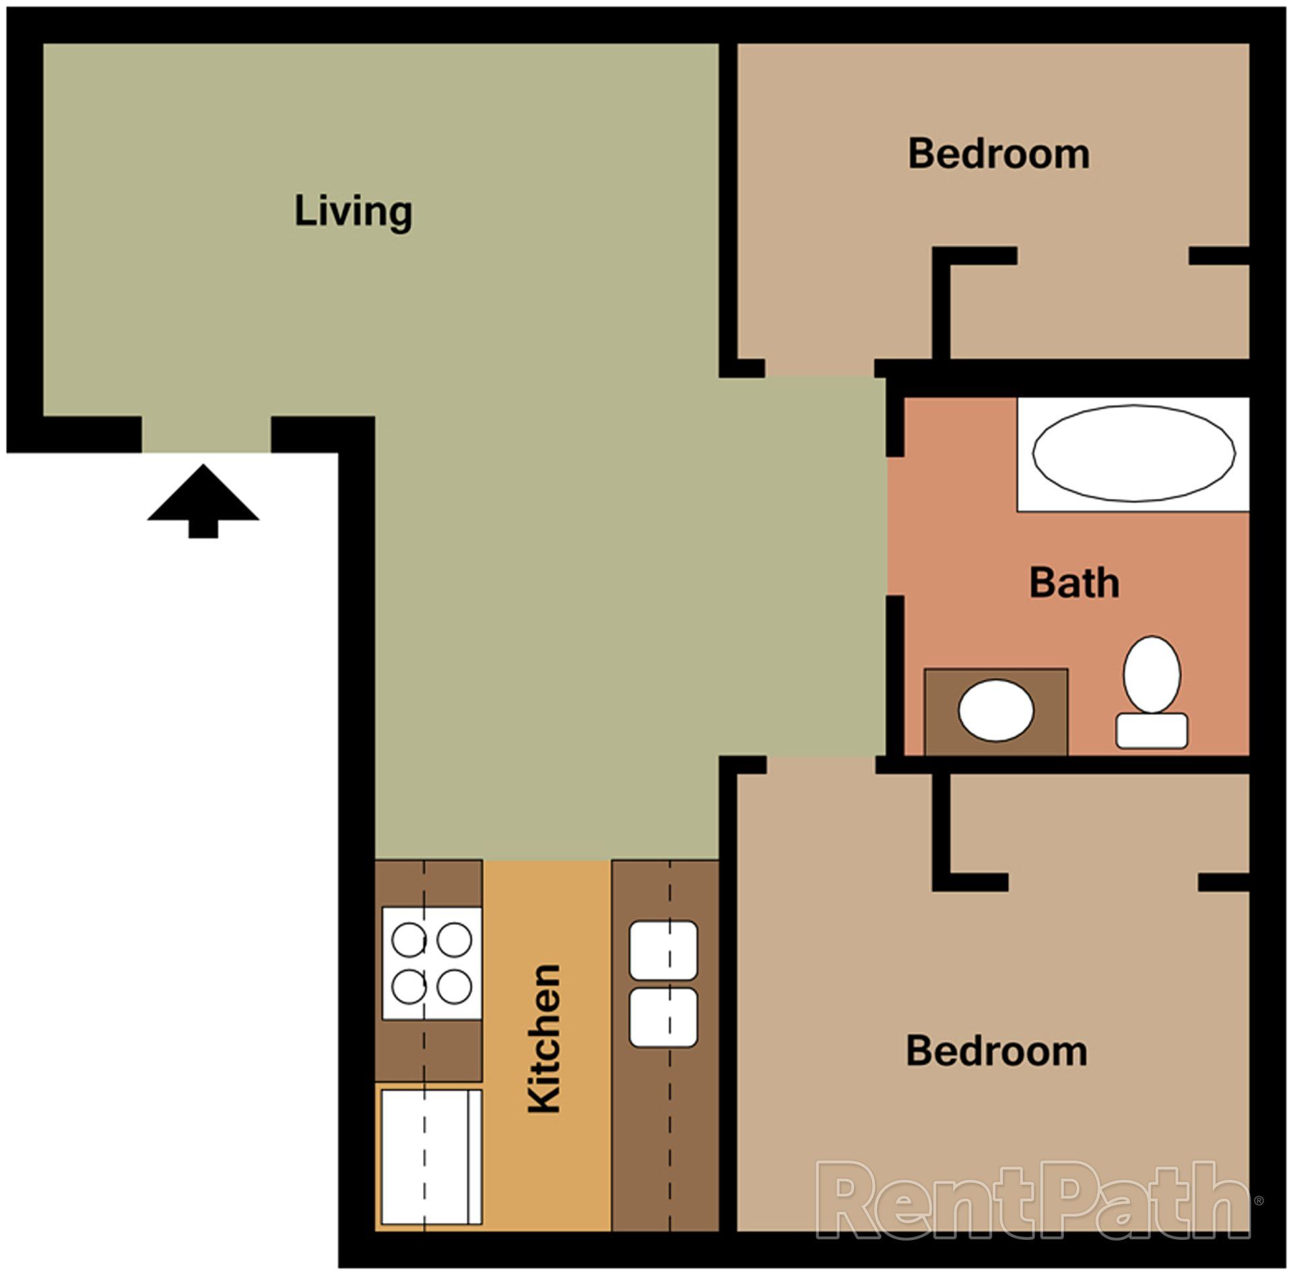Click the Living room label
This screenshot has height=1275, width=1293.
353,211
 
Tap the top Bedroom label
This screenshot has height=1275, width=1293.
999,154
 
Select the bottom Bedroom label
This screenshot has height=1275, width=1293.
996,1051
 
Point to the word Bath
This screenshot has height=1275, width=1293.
1074,583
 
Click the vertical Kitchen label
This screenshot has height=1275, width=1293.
544,1039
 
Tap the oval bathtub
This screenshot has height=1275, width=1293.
1133,453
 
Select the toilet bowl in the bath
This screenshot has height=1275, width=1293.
1152,674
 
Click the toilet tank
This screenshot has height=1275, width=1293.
1152,730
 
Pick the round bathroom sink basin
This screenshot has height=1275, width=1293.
995,711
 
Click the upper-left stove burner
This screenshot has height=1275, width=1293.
409,940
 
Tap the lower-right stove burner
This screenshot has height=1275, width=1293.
454,987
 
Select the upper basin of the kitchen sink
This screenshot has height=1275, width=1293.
663,950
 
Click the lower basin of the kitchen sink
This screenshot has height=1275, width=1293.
663,1017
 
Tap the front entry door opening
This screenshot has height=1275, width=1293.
206,434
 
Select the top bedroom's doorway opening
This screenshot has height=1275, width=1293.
819,368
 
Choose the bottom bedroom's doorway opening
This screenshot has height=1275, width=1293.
821,764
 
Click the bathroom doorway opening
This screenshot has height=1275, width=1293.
894,526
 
